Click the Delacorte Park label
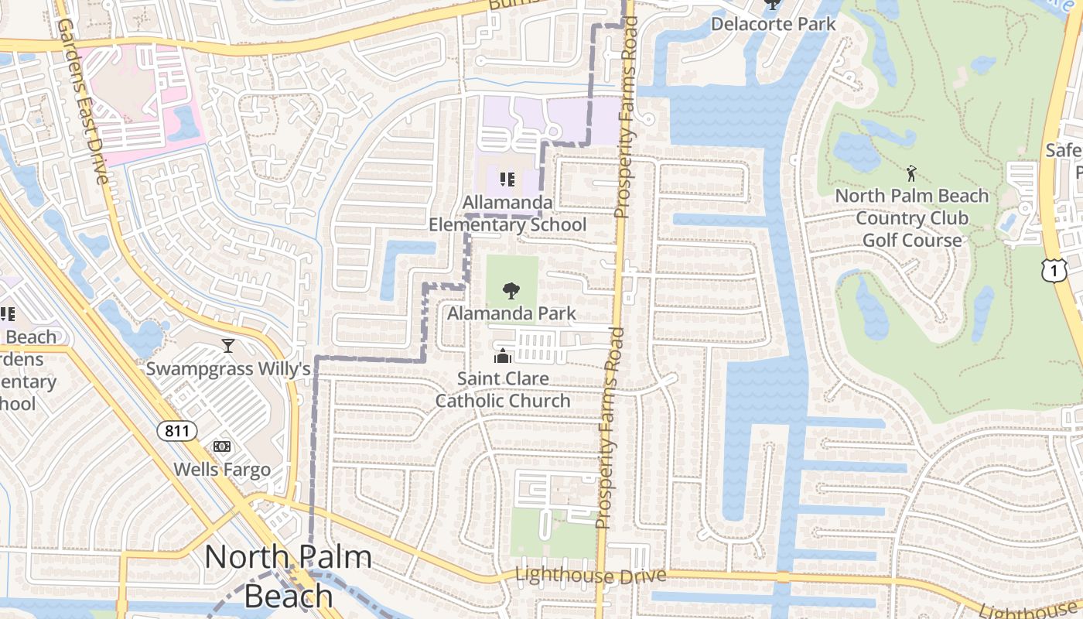[773, 24]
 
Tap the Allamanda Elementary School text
[507, 214]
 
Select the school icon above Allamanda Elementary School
[507, 180]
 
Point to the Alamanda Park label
[511, 313]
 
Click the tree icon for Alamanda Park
[511, 291]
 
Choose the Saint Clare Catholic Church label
[503, 389]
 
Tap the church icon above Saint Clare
[503, 356]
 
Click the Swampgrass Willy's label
[228, 369]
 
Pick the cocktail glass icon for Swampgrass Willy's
[228, 346]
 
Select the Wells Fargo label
[222, 469]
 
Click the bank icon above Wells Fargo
[222, 446]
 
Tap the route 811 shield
[177, 431]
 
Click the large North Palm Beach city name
[288, 576]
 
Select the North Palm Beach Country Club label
[912, 217]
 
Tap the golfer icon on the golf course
[912, 172]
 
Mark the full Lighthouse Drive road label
[590, 576]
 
